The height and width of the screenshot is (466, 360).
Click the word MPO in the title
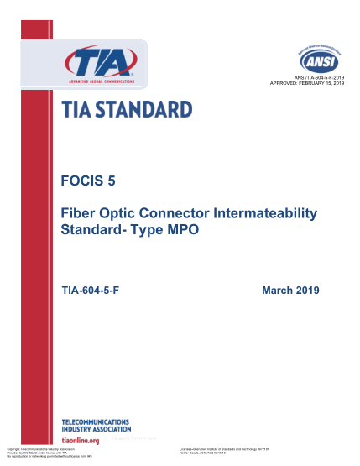pyautogui.click(x=182, y=229)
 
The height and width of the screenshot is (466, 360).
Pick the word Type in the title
pyautogui.click(x=147, y=229)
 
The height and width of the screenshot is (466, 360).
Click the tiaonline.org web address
pyautogui.click(x=81, y=440)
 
